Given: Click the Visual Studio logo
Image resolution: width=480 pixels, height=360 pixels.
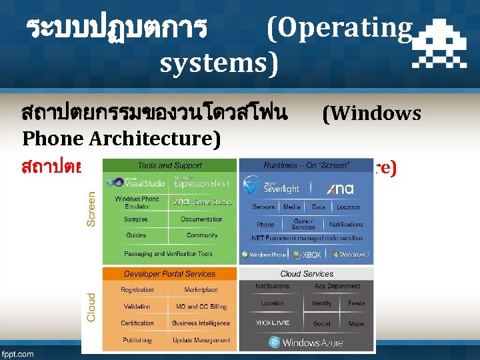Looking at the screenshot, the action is pyautogui.click(x=136, y=182).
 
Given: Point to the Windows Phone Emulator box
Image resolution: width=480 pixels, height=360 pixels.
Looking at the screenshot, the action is pyautogui.click(x=137, y=202).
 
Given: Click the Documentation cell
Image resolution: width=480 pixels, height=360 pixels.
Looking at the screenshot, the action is pyautogui.click(x=201, y=219).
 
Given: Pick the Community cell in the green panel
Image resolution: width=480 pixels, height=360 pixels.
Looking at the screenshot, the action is pyautogui.click(x=202, y=235).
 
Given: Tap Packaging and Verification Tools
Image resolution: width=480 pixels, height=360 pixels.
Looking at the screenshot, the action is pyautogui.click(x=168, y=253).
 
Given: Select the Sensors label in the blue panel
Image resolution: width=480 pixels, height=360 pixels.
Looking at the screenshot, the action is pyautogui.click(x=264, y=207).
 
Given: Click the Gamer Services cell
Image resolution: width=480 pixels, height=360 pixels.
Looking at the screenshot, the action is pyautogui.click(x=303, y=224).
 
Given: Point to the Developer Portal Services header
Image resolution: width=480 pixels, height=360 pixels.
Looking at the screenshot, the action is pyautogui.click(x=169, y=273).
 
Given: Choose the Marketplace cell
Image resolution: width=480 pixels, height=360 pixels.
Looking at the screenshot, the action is pyautogui.click(x=201, y=290).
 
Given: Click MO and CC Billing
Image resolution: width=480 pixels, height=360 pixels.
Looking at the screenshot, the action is pyautogui.click(x=201, y=307).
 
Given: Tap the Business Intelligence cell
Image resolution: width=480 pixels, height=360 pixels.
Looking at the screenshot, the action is pyautogui.click(x=201, y=323).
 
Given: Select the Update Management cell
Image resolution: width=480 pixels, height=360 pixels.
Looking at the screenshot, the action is pyautogui.click(x=201, y=340).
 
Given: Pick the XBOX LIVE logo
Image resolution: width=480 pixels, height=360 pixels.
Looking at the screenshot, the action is pyautogui.click(x=273, y=323).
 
